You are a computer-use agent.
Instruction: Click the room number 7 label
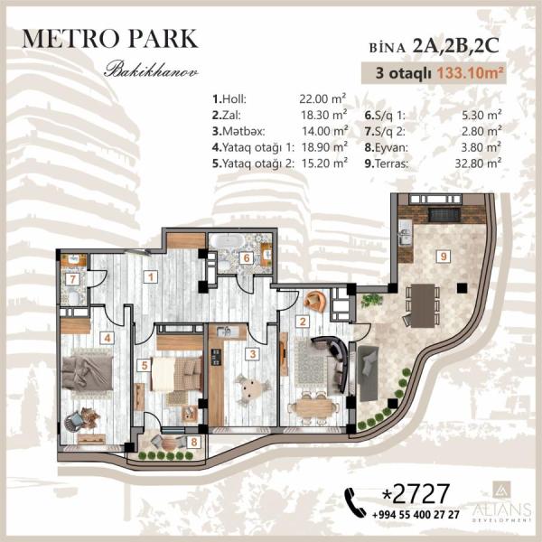click(72, 279)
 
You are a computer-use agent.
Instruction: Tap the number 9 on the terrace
click(444, 257)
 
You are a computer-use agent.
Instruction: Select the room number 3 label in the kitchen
click(253, 353)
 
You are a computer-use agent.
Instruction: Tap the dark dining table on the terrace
click(423, 305)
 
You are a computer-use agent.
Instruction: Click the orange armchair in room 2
click(314, 301)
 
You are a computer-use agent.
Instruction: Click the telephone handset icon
click(355, 502)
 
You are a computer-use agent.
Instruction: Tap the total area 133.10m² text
click(470, 73)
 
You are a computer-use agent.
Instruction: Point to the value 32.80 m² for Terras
click(478, 164)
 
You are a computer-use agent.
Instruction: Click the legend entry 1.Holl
click(229, 99)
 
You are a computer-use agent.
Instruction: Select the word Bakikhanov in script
click(152, 70)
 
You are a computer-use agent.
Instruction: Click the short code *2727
click(416, 493)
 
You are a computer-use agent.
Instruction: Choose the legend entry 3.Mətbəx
click(238, 131)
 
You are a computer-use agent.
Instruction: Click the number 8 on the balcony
click(194, 442)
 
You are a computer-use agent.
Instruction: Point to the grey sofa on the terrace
click(368, 374)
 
